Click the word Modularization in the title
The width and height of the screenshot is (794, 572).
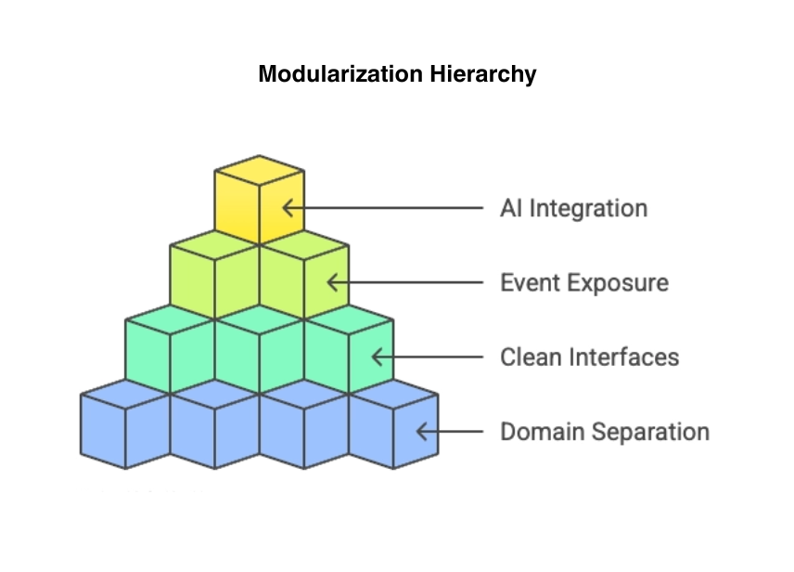[339, 74]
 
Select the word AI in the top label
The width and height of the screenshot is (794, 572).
[511, 207]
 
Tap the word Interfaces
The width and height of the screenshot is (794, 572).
[624, 357]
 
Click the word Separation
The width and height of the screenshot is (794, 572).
[652, 432]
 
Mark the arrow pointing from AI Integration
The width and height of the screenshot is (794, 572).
[380, 207]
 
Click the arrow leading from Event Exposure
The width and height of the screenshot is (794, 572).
[403, 282]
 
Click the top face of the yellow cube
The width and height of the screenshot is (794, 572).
[259, 170]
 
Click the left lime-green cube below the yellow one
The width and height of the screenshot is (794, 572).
[214, 276]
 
